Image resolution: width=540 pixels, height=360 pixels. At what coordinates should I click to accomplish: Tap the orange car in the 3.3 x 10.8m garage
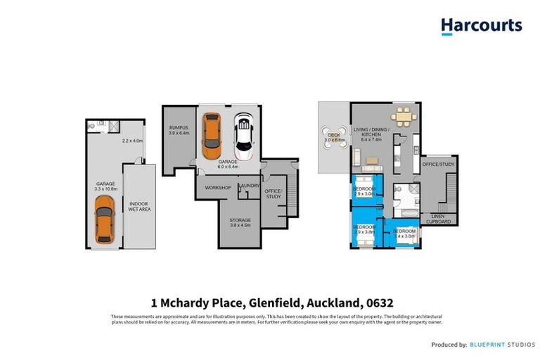click(104, 219)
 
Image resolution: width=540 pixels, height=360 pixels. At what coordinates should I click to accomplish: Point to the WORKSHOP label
click(218, 188)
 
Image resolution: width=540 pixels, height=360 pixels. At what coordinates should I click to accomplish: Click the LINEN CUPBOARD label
click(442, 219)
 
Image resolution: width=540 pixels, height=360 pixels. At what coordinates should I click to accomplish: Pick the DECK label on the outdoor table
click(330, 136)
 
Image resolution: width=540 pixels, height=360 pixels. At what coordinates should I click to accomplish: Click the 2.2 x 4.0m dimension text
click(132, 141)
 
